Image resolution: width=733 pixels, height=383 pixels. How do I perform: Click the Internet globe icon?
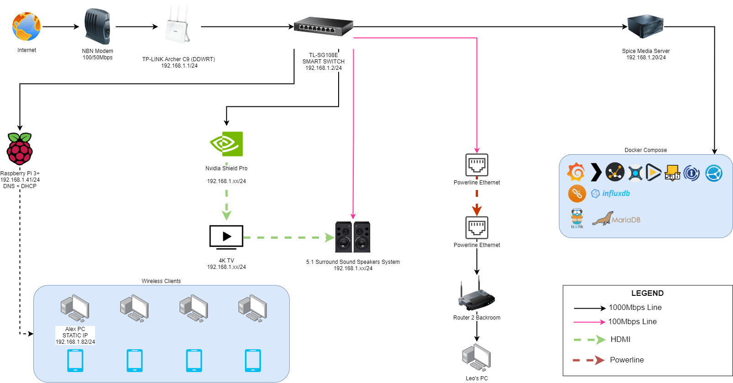[27, 26]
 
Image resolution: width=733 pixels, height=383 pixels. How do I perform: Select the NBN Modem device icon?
[97, 26]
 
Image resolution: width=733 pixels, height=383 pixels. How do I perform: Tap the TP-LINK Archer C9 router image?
[177, 26]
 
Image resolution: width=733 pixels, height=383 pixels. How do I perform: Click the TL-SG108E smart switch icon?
[323, 26]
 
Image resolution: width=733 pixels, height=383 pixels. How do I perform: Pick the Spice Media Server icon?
[645, 26]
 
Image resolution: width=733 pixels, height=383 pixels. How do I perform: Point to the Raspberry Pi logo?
[20, 149]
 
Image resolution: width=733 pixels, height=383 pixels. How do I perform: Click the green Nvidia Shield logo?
[227, 144]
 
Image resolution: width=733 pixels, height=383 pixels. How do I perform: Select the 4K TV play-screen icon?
[226, 237]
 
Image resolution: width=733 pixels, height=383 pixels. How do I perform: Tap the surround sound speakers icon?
[353, 237]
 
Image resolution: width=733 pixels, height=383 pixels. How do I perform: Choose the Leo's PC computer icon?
[477, 358]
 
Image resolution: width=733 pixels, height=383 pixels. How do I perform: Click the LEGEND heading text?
[647, 294]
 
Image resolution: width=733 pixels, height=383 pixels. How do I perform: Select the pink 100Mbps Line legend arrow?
[590, 322]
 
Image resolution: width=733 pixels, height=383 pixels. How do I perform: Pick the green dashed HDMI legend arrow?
[590, 340]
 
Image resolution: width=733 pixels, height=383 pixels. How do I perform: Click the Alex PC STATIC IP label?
[75, 336]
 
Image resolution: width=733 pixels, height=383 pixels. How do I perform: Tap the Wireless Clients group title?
[161, 281]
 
